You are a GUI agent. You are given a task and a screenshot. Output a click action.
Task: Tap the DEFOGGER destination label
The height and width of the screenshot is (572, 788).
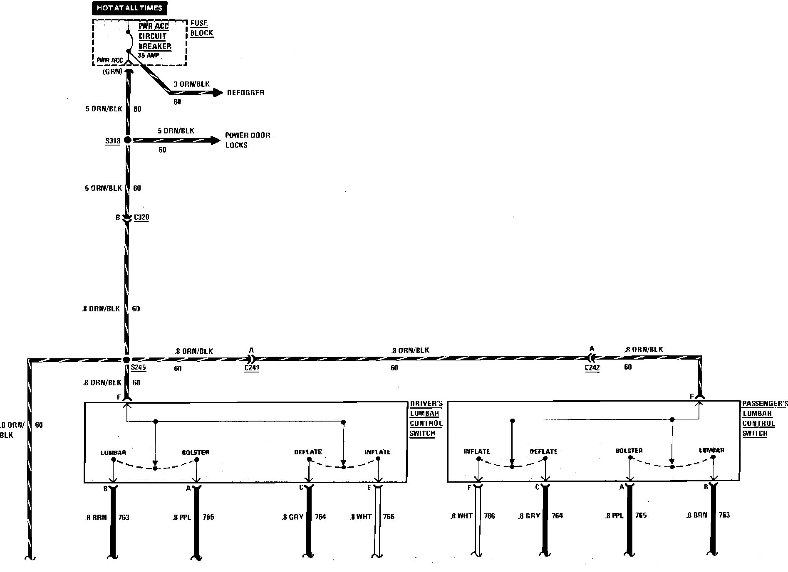(245, 93)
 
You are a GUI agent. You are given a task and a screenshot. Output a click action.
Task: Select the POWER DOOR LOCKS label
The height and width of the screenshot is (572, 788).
(248, 140)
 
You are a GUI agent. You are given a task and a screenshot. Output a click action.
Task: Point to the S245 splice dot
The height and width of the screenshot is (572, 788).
(127, 360)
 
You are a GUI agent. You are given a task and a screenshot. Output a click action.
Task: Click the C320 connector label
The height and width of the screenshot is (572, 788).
(141, 217)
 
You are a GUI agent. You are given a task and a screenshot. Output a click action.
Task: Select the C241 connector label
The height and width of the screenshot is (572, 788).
(252, 368)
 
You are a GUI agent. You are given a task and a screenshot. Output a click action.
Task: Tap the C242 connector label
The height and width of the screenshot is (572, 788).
(592, 368)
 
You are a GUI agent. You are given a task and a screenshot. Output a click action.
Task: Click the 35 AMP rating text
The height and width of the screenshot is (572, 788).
(148, 55)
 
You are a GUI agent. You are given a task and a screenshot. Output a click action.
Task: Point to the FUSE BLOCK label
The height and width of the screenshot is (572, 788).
(202, 28)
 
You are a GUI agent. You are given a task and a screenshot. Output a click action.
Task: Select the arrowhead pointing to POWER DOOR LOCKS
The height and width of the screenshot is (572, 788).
(216, 141)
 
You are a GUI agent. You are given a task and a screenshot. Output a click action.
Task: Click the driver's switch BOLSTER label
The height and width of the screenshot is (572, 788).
(196, 452)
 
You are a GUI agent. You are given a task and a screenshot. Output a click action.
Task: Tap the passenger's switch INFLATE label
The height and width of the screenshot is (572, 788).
(477, 451)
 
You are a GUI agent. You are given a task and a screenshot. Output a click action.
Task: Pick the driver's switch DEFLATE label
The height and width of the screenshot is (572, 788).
(308, 452)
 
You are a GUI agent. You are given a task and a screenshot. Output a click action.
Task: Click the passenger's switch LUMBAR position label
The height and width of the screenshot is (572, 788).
(711, 450)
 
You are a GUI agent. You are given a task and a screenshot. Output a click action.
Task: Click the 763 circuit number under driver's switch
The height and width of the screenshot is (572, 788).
(124, 518)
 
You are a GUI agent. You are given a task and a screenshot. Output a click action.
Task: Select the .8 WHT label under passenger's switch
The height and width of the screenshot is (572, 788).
(461, 516)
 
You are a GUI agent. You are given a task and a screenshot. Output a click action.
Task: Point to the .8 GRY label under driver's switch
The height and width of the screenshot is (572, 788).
(292, 517)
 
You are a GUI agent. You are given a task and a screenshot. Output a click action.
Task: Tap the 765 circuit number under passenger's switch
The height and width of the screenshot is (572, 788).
(641, 515)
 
